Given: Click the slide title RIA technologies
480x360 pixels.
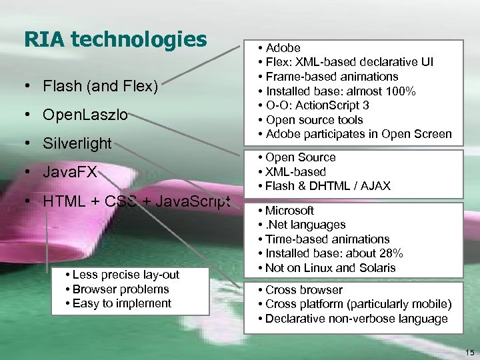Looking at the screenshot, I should [x=115, y=39].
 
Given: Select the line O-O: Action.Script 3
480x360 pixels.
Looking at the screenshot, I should [x=317, y=105].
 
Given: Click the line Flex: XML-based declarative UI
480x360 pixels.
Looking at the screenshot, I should [x=349, y=62].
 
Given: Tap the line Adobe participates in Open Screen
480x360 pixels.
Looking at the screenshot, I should [x=358, y=134].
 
